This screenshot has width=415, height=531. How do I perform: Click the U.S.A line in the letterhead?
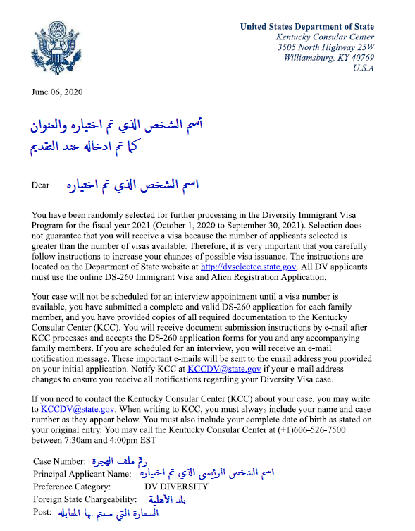[x=363, y=68]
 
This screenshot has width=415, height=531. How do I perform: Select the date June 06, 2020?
[x=57, y=92]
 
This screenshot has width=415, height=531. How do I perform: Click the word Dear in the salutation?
[x=41, y=185]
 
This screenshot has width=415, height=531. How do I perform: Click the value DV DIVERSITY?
[x=176, y=487]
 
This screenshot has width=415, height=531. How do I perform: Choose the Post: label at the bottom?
[x=43, y=513]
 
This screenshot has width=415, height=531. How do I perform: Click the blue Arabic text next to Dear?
[x=131, y=185]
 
